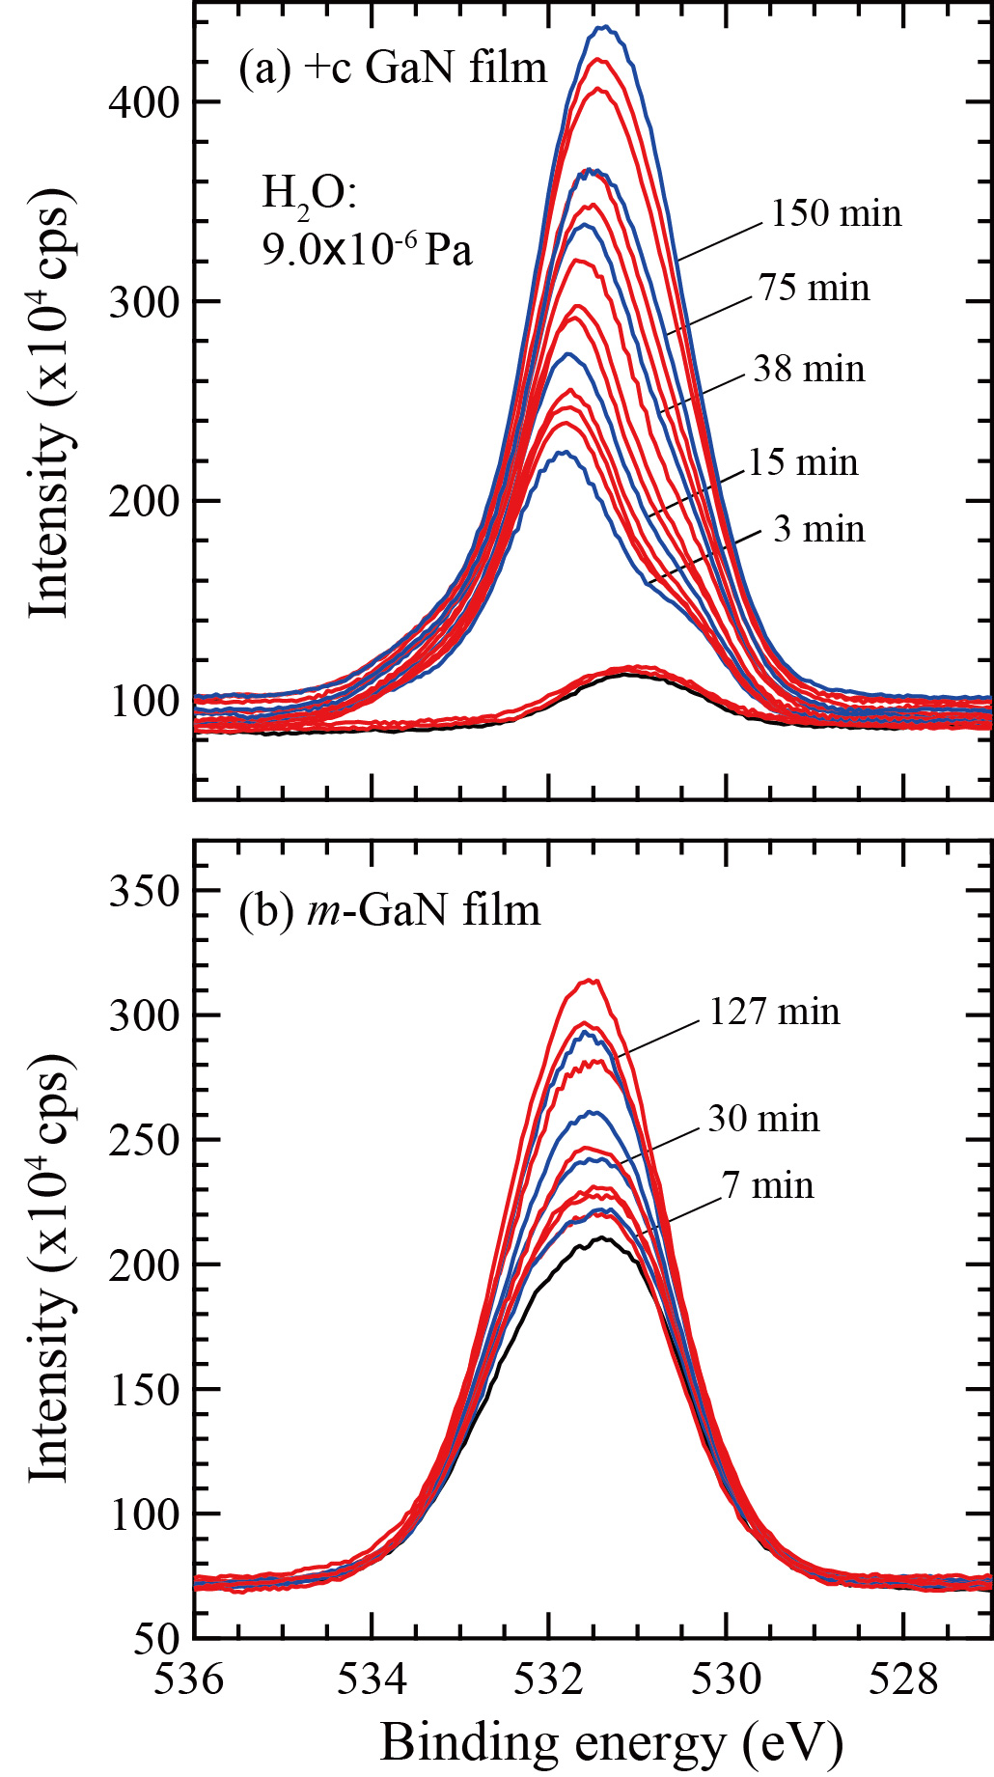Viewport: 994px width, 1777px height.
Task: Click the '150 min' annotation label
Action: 835,213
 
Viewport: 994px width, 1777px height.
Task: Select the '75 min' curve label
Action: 814,288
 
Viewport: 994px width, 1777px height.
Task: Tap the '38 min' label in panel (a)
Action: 809,369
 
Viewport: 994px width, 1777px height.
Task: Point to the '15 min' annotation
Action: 803,462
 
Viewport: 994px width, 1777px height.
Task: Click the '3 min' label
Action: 818,529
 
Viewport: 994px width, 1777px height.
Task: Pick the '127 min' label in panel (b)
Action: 774,1012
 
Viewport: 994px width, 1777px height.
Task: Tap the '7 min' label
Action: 767,1185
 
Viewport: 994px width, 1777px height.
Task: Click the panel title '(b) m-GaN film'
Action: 390,910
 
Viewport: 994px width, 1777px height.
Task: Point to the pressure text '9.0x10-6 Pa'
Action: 367,250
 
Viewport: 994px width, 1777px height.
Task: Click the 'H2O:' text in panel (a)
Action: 309,193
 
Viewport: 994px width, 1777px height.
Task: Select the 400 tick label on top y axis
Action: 145,102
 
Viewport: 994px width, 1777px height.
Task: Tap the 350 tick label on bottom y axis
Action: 145,890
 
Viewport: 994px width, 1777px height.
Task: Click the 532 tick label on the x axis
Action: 548,1680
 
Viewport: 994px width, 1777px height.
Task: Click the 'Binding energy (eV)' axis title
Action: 612,1742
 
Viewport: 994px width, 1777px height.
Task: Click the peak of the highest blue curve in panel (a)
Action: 604,27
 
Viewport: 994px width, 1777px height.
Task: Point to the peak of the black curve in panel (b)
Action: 603,1237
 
